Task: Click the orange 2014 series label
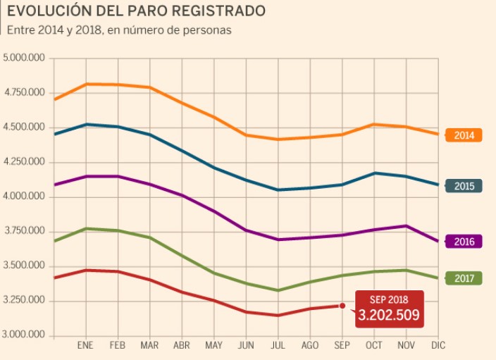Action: tap(464, 135)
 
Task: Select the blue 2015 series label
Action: tap(464, 187)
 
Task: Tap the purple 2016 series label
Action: tap(464, 242)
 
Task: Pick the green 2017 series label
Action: tap(464, 278)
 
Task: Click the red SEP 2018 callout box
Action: tap(389, 309)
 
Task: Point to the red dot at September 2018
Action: tap(342, 306)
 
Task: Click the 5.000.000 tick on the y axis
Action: tap(24, 58)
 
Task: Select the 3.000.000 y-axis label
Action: tap(24, 335)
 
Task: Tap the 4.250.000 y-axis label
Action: tap(24, 162)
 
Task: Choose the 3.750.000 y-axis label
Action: tap(24, 231)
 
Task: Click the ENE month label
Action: tap(85, 346)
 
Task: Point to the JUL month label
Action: tap(278, 346)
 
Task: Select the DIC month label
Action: tap(438, 346)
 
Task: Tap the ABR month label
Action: tap(182, 346)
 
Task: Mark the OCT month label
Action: tap(374, 346)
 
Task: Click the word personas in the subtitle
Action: tap(209, 30)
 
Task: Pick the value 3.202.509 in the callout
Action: tap(389, 315)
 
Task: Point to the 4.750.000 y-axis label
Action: tap(24, 93)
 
